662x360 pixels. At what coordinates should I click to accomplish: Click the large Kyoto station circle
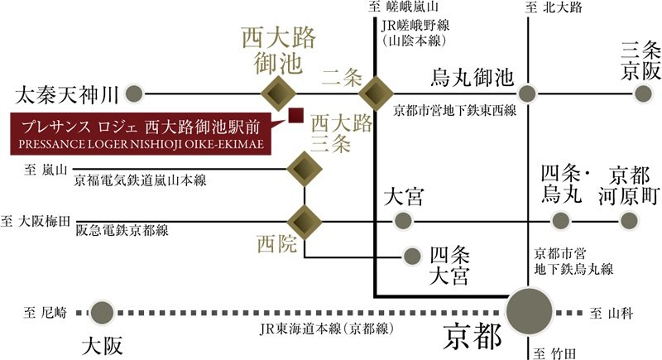[x=530, y=310]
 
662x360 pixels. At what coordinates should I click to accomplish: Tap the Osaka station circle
[x=102, y=313]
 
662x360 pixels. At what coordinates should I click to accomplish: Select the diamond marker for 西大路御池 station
[x=278, y=94]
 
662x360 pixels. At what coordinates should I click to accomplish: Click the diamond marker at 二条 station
[x=375, y=94]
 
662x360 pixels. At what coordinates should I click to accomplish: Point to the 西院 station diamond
[x=305, y=222]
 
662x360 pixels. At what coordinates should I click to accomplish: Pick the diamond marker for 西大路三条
[x=305, y=169]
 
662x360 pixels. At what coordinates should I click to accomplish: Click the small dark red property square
[x=296, y=115]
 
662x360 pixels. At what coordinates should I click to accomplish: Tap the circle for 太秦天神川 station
[x=134, y=94]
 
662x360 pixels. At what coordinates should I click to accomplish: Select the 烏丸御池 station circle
[x=527, y=94]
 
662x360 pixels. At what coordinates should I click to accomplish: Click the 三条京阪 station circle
[x=644, y=94]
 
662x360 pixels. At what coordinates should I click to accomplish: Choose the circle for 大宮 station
[x=403, y=220]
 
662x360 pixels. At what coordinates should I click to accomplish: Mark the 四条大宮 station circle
[x=412, y=257]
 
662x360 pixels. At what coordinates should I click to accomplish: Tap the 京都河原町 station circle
[x=629, y=220]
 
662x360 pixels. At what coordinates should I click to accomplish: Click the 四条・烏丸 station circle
[x=561, y=220]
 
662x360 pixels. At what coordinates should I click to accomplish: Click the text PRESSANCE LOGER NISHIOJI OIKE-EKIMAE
[x=141, y=144]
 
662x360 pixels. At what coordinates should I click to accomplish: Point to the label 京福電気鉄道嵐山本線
[x=140, y=180]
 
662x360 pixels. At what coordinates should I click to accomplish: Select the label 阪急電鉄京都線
[x=122, y=230]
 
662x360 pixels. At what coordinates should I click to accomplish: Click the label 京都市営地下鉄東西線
[x=454, y=111]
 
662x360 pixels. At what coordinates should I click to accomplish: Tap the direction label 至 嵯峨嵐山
[x=404, y=7]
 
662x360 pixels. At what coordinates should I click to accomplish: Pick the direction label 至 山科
[x=612, y=313]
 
